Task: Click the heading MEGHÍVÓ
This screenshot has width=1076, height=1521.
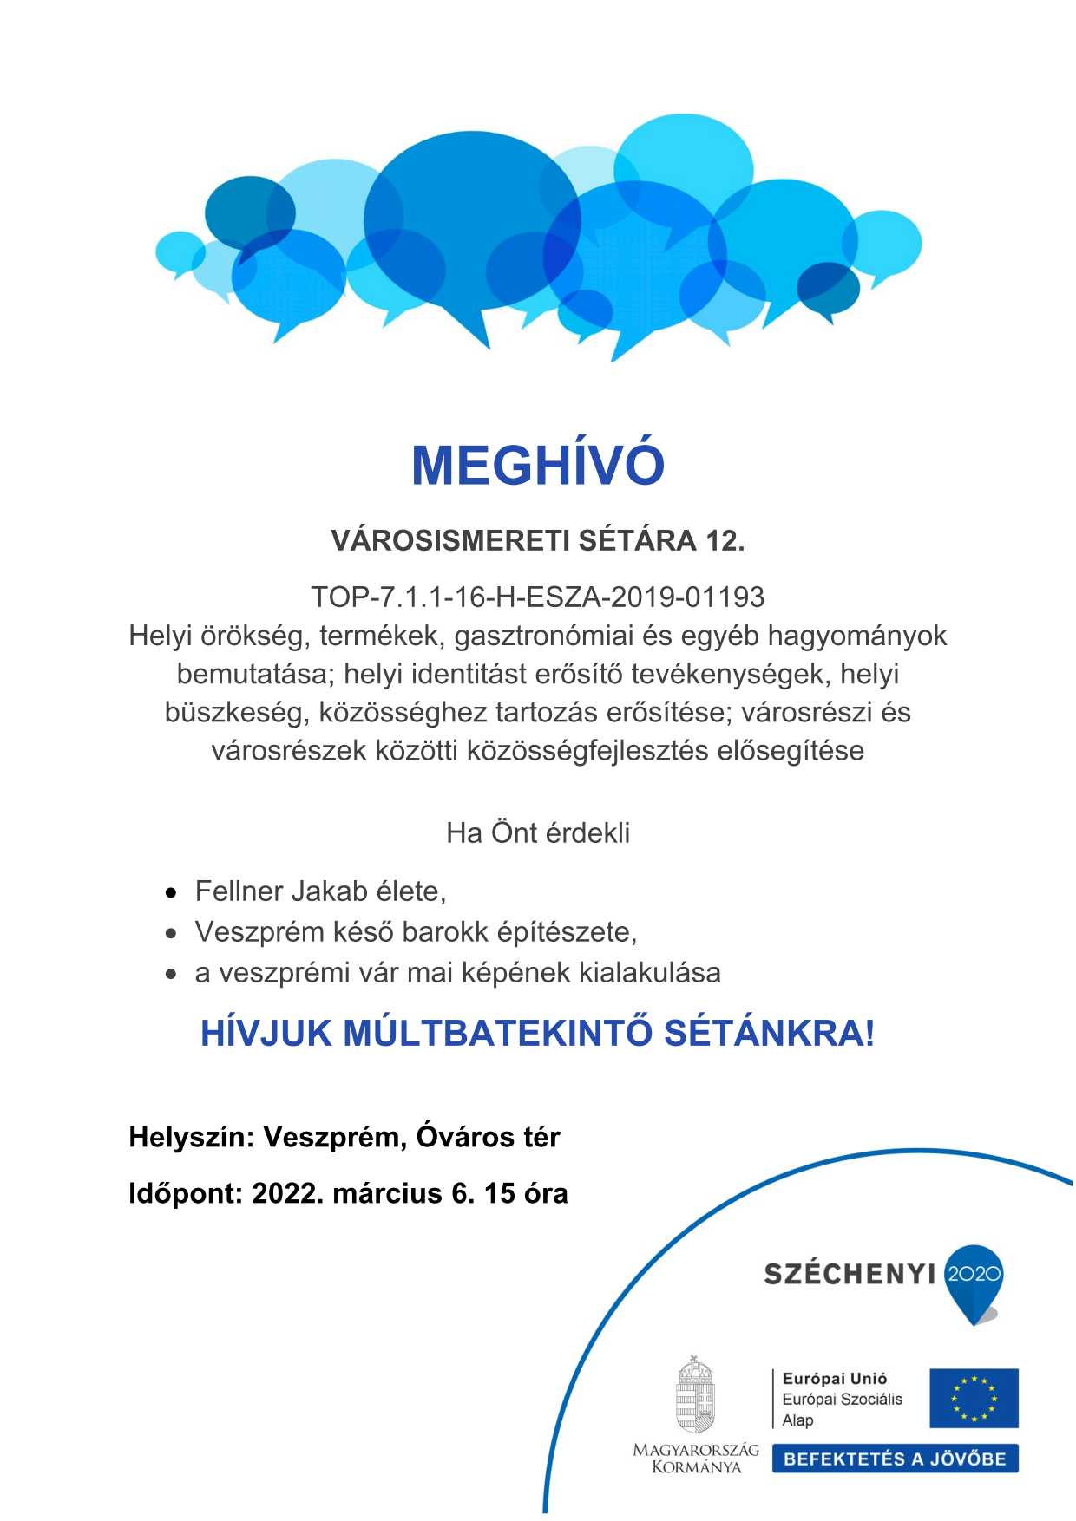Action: point(538,465)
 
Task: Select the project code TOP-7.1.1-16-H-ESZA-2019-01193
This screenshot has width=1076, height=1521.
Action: point(538,597)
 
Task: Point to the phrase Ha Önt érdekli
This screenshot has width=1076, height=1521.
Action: point(538,832)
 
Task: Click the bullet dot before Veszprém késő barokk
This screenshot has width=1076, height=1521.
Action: point(172,933)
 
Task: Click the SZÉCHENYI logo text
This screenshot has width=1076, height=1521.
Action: point(850,1274)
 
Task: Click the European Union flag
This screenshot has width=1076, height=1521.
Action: point(974,1398)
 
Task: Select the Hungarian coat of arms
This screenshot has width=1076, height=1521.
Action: point(695,1395)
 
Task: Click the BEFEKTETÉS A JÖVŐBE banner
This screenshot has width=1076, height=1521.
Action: point(895,1459)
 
